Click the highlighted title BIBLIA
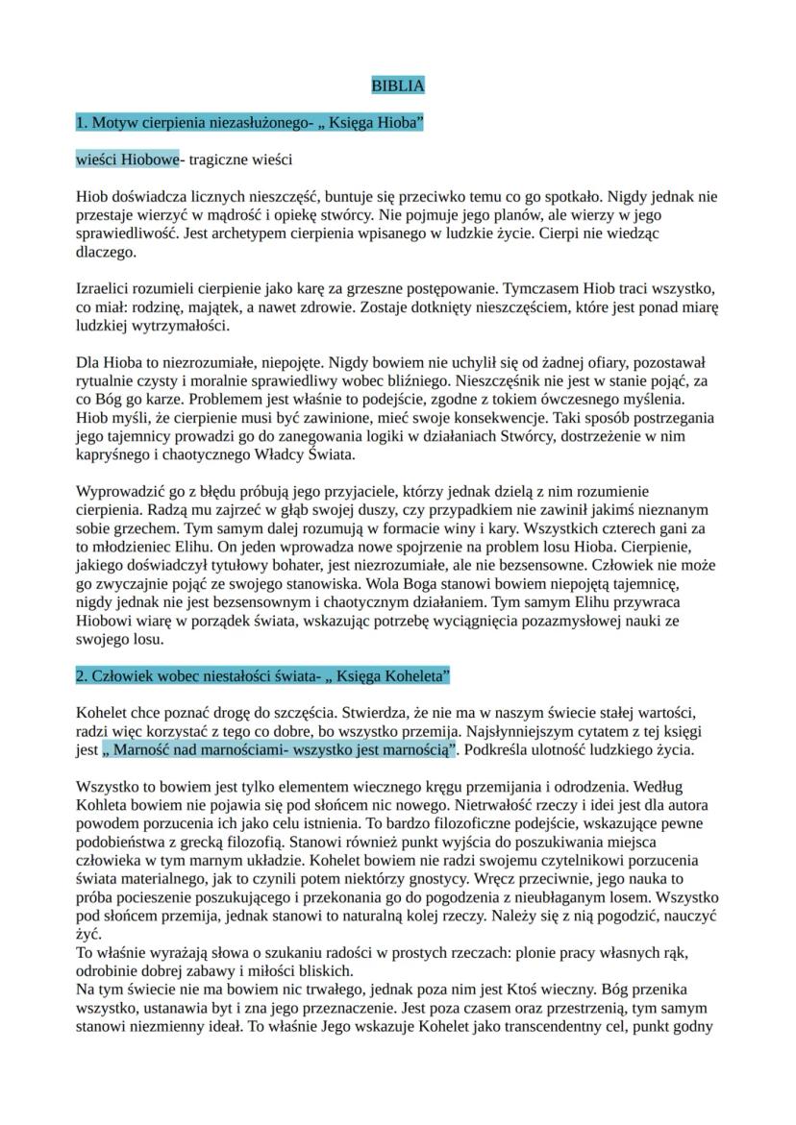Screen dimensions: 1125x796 pos(397,86)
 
